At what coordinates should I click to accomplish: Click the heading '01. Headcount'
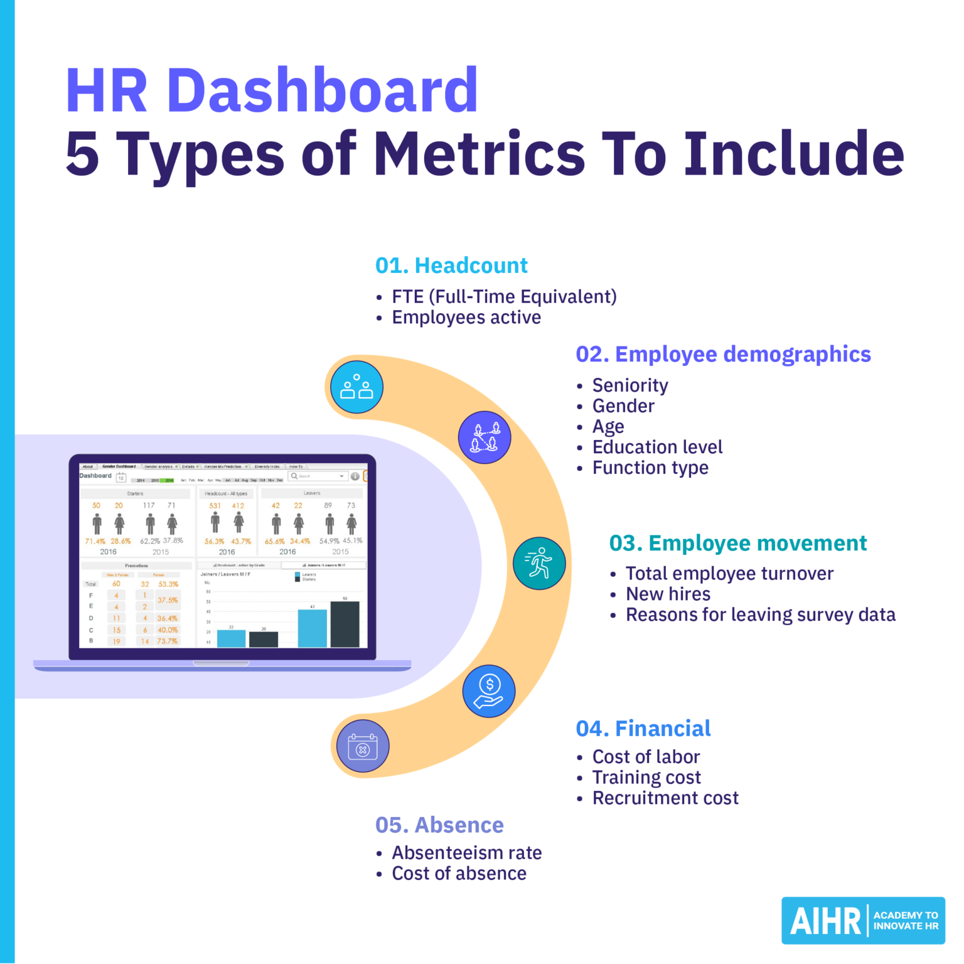451,265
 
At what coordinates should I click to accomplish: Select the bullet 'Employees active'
466,318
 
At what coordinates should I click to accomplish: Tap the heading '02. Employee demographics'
723,354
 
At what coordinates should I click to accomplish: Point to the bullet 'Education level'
657,447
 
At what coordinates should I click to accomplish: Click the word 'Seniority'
630,385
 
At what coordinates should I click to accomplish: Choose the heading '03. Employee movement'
737,543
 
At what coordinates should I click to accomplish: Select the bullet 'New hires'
668,594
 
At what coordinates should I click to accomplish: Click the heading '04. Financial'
643,728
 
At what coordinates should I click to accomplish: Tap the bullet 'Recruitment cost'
665,798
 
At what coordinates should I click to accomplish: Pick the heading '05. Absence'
439,825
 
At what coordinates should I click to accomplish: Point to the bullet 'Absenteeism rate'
466,852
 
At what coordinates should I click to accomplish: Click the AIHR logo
863,921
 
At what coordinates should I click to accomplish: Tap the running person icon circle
539,563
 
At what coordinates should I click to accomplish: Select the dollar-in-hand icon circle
489,691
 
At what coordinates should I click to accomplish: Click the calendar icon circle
363,746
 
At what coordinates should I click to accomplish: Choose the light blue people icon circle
356,387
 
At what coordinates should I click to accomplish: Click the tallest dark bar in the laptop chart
345,624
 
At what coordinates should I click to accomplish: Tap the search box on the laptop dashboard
318,476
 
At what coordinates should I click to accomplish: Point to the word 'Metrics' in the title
479,154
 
